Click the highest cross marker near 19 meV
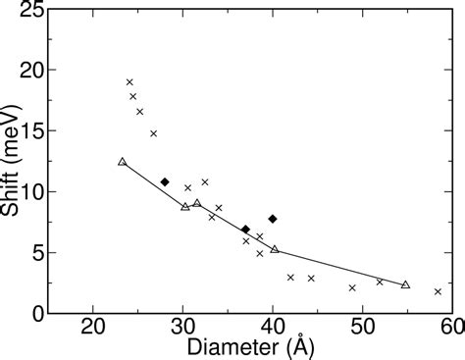pyautogui.click(x=129, y=82)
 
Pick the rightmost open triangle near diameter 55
pyautogui.click(x=405, y=284)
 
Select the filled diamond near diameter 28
pyautogui.click(x=165, y=181)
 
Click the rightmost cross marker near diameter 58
pyautogui.click(x=438, y=291)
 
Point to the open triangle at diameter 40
pyautogui.click(x=274, y=250)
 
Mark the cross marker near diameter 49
pyautogui.click(x=352, y=287)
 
